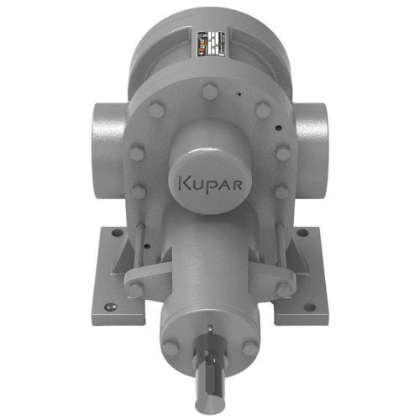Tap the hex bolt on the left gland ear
[135, 289]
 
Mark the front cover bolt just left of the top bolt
[157, 109]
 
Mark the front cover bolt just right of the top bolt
[262, 109]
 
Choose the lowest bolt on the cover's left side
[138, 192]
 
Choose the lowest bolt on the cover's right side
[281, 192]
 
